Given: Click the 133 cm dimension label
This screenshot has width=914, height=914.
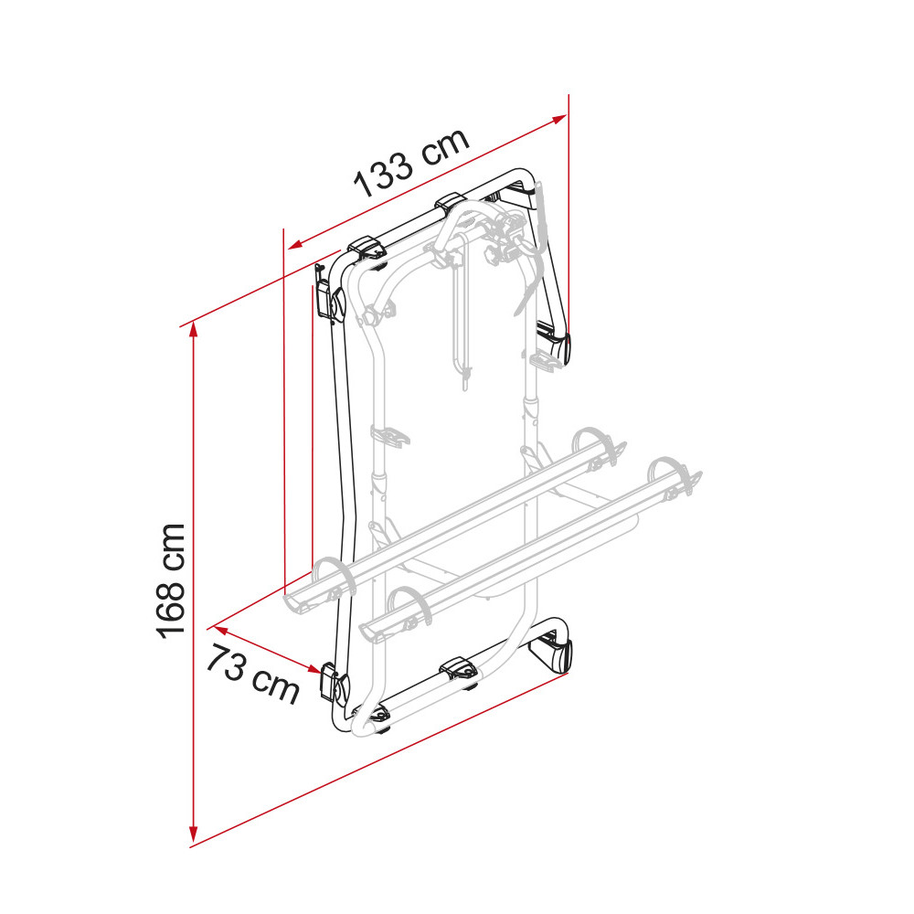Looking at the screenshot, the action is [411, 162].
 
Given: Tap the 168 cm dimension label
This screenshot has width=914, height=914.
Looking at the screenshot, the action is [170, 581].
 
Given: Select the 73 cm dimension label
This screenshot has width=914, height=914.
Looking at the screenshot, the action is [253, 674].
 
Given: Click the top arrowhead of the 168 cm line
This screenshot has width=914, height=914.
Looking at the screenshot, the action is [194, 329].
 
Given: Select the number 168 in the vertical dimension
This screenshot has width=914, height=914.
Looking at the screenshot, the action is [170, 607].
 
